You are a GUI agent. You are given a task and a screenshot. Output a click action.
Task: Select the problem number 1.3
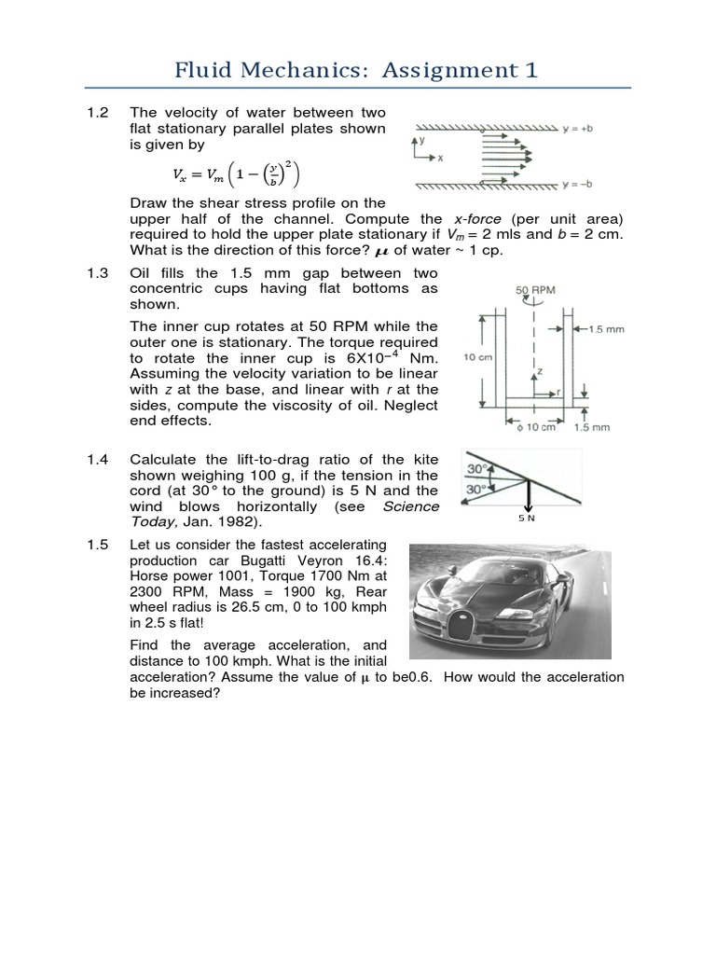pyautogui.click(x=98, y=273)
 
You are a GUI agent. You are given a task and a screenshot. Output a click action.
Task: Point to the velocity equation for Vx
pyautogui.click(x=237, y=173)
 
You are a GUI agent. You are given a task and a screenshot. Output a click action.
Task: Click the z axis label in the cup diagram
pyautogui.click(x=539, y=370)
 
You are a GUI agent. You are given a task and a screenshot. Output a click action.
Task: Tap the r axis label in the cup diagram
pyautogui.click(x=559, y=393)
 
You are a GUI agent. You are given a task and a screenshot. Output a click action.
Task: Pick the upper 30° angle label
pyautogui.click(x=476, y=468)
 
